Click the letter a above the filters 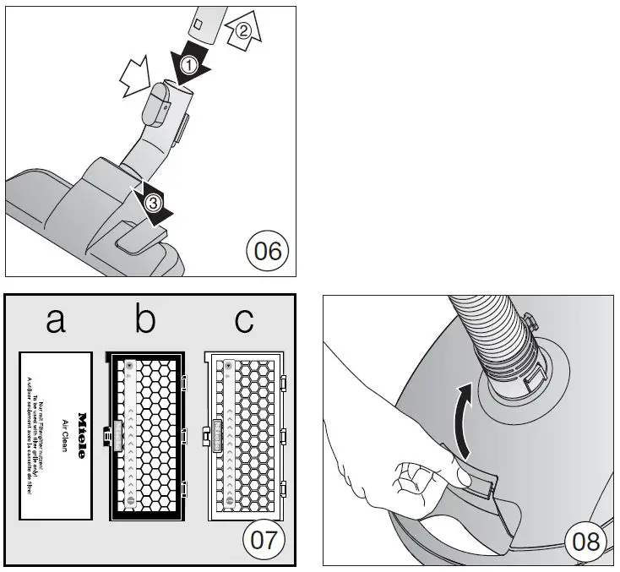[55, 321]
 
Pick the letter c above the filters [243, 321]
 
